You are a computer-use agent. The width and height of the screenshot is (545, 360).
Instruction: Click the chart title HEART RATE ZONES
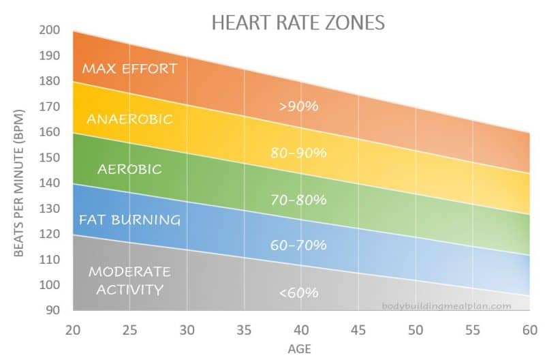pyautogui.click(x=298, y=22)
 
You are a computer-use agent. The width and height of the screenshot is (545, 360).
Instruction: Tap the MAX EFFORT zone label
pyautogui.click(x=129, y=68)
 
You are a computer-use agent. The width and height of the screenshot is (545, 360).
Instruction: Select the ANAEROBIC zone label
pyautogui.click(x=129, y=119)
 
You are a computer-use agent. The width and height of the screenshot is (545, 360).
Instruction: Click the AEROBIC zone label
pyautogui.click(x=129, y=169)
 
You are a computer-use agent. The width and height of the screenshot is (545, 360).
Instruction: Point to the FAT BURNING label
pyautogui.click(x=129, y=220)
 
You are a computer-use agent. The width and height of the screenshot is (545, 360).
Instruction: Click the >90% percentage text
pyautogui.click(x=298, y=106)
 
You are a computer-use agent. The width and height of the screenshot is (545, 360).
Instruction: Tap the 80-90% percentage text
pyautogui.click(x=298, y=153)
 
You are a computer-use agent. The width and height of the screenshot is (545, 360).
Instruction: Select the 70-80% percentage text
pyautogui.click(x=298, y=200)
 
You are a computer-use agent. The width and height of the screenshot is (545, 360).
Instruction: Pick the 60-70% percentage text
pyautogui.click(x=298, y=245)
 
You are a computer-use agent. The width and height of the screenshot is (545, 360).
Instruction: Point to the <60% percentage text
pyautogui.click(x=298, y=292)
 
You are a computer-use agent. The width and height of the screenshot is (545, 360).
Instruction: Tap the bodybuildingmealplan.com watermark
pyautogui.click(x=446, y=306)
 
